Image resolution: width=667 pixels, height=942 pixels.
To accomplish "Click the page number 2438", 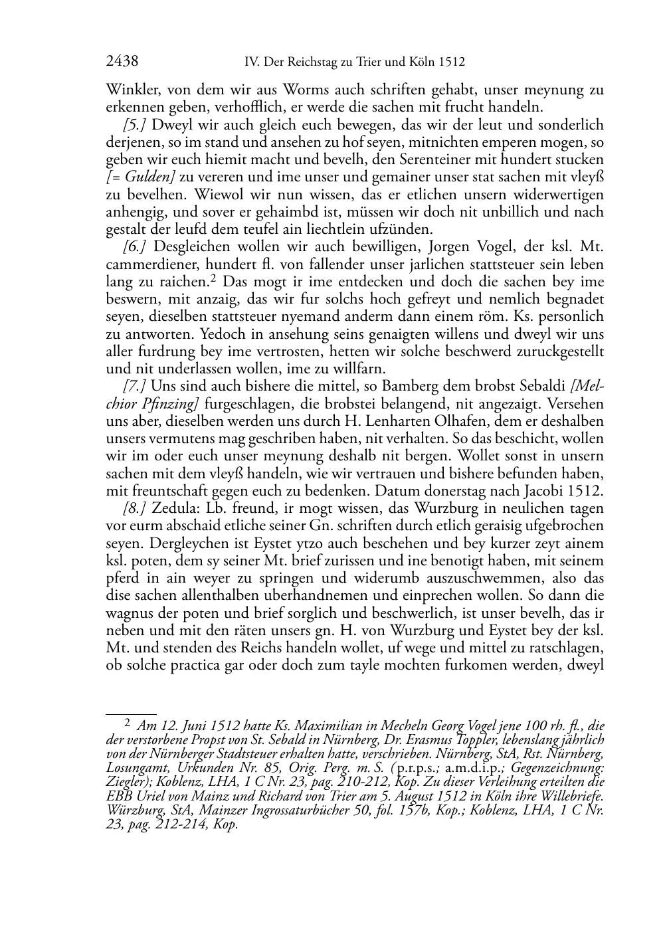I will click(x=122, y=62).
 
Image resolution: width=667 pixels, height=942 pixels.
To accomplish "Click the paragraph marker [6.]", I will click(x=137, y=247).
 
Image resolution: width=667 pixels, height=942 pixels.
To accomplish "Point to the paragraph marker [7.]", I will click(x=137, y=386).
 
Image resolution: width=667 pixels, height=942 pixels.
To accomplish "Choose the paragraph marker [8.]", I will click(x=137, y=508).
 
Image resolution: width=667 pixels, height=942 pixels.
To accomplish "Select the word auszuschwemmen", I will click(x=499, y=578).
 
